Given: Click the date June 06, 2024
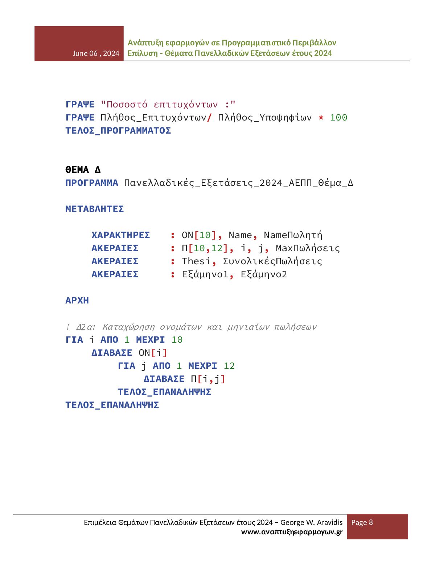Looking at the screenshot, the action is coord(96,53).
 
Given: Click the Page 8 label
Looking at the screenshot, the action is coord(362,522).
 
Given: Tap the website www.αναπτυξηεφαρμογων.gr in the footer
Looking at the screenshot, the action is coord(292,532).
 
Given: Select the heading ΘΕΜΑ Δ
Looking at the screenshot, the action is coord(83,170).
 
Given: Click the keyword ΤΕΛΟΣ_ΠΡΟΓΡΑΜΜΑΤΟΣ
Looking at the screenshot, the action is coord(118,131).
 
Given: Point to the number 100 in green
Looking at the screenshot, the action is coord(338,118).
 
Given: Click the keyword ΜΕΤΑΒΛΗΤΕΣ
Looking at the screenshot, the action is coord(95,209).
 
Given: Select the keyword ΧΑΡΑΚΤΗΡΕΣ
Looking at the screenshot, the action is coord(120,235).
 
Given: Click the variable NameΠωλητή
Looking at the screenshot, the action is coord(293,235).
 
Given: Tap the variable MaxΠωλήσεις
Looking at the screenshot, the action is coord(308,248).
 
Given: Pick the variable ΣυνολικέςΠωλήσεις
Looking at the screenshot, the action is coord(272,261).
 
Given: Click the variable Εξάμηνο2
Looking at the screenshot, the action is coord(264,274).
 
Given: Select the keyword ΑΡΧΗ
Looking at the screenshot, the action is coord(77,301).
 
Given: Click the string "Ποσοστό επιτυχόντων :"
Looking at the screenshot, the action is coord(168,105).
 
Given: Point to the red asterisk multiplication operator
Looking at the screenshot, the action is coord(321,118).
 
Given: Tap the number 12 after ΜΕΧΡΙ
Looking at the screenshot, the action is coord(229,366).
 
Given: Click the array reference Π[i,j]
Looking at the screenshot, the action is coord(208,379).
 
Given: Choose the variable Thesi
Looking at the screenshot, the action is coord(196,261).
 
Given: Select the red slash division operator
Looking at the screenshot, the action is coord(209,118).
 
